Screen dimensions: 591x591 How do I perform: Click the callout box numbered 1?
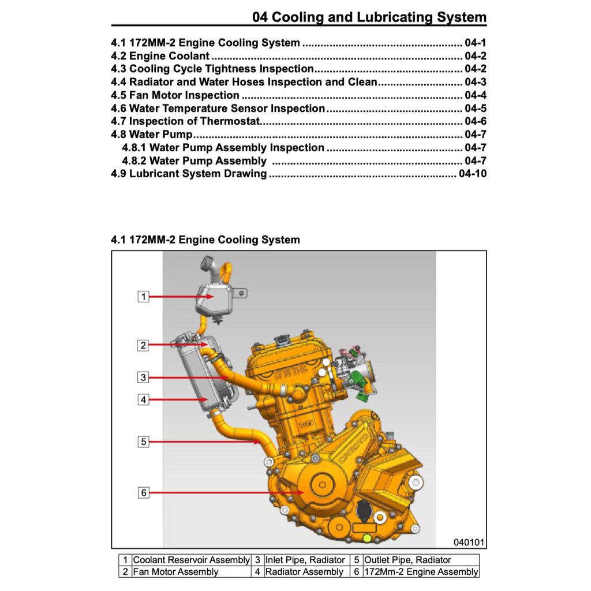coord(144,297)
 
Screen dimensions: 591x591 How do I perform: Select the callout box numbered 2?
coord(144,346)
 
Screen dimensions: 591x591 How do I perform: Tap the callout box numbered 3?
coord(144,377)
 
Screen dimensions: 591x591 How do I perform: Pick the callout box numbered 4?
coord(144,399)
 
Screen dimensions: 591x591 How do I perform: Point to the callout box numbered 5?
coord(144,442)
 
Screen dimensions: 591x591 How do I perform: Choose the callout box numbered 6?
coord(144,492)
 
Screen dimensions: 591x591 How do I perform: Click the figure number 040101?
coord(469,543)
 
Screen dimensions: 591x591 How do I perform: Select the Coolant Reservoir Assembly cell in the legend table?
coord(192,560)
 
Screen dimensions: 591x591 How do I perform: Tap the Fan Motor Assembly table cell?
coord(176,572)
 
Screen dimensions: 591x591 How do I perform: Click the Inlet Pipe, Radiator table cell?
coord(305,560)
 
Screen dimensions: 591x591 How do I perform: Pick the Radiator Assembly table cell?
coord(304,572)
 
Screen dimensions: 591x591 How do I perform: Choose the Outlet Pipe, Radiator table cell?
coord(408,560)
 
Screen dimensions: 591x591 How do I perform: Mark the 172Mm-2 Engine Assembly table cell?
coord(421,572)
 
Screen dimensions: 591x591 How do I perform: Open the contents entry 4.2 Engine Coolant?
coord(160,56)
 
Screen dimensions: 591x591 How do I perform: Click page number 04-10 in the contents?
coord(472,174)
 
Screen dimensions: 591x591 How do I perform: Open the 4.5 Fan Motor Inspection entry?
coord(175,95)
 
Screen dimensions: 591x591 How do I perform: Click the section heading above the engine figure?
coord(205,240)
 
